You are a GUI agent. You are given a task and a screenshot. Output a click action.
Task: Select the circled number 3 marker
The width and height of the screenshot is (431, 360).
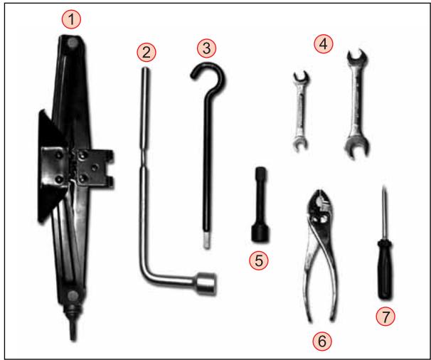[206, 48]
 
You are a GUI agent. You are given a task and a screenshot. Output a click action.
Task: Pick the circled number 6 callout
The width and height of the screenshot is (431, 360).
[323, 341]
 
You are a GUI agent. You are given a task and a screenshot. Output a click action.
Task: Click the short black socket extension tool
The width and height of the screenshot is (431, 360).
[258, 206]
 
